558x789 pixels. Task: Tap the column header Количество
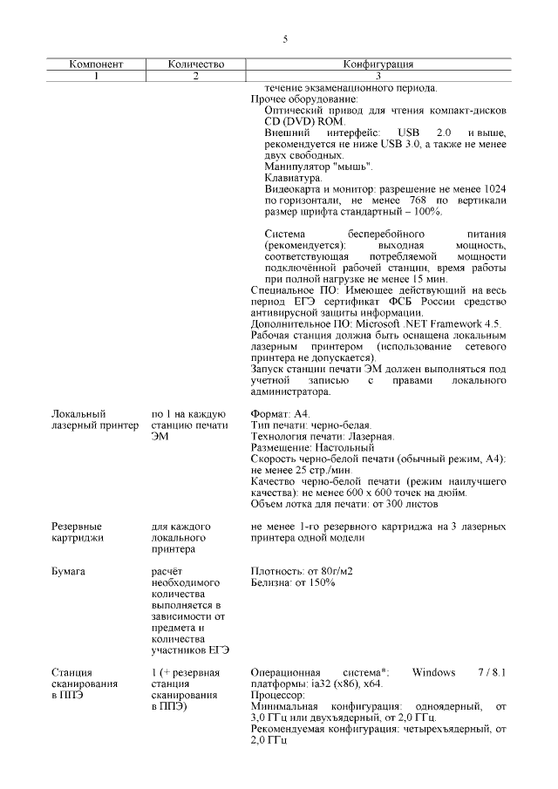point(195,65)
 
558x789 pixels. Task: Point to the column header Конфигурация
point(378,65)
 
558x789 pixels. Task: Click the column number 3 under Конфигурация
point(378,76)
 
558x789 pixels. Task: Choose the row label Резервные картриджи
point(77,532)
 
